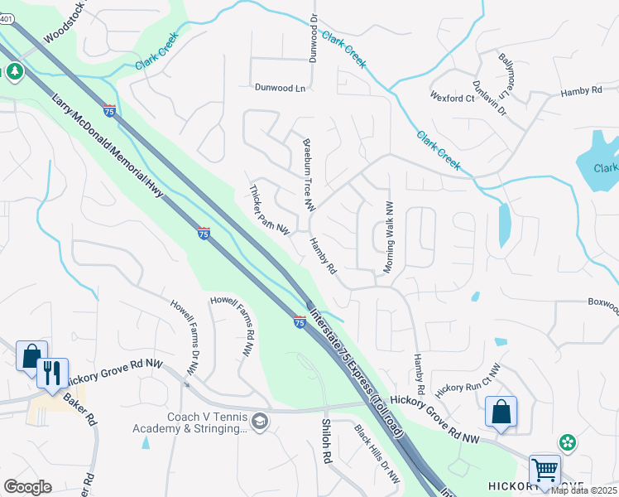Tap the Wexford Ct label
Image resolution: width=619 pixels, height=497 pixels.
(452, 97)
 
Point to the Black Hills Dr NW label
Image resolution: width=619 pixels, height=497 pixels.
(377, 455)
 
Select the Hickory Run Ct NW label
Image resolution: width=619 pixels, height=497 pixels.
(469, 377)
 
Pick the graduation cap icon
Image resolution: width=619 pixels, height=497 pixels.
(261, 422)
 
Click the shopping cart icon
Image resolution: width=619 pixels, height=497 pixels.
(545, 470)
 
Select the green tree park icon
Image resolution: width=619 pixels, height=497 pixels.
(14, 73)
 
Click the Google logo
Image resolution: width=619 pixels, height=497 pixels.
(27, 487)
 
